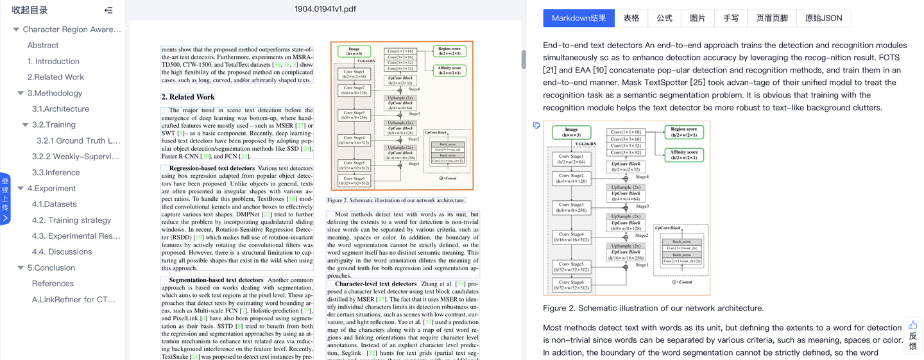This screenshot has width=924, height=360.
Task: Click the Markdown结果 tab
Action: pyautogui.click(x=579, y=18)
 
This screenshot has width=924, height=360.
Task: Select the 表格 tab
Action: pyautogui.click(x=631, y=18)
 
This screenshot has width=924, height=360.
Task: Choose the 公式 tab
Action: pyautogui.click(x=665, y=18)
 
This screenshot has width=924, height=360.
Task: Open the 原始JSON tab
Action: pyautogui.click(x=823, y=18)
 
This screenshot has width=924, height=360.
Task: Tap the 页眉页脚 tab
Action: pyautogui.click(x=772, y=18)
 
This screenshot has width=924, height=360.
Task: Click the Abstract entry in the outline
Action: pyautogui.click(x=43, y=46)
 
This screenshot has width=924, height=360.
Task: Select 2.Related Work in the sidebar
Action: pyautogui.click(x=56, y=77)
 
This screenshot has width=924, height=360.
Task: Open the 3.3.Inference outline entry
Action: pyautogui.click(x=56, y=173)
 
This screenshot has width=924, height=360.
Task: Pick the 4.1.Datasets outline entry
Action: pyautogui.click(x=55, y=204)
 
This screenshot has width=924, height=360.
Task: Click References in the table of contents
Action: pyautogui.click(x=53, y=284)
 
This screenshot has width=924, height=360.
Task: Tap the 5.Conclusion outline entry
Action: pyautogui.click(x=51, y=268)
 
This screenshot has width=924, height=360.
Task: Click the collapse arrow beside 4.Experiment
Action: pyautogui.click(x=21, y=189)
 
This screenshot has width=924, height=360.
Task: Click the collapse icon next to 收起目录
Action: pyautogui.click(x=108, y=10)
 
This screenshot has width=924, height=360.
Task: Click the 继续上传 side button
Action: pyautogui.click(x=5, y=199)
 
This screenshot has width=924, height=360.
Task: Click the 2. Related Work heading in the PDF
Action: pyautogui.click(x=188, y=97)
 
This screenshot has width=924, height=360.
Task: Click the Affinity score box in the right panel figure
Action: pyautogui.click(x=684, y=155)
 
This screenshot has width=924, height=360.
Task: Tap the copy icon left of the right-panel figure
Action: pyautogui.click(x=536, y=126)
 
